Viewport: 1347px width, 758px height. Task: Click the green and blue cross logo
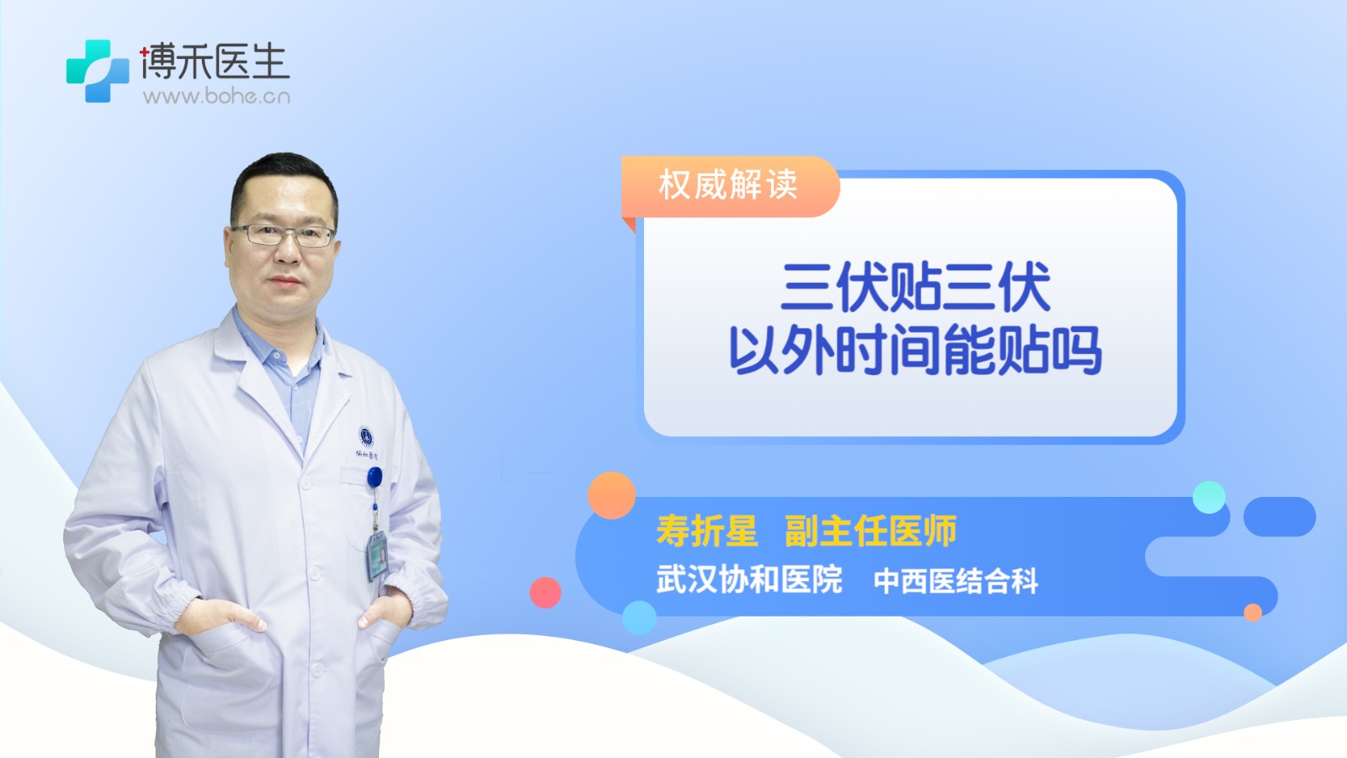coord(98,71)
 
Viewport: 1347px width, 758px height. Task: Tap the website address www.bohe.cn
coord(216,96)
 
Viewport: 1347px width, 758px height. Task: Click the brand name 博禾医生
coord(215,61)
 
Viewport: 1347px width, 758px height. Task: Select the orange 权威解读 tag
coord(729,184)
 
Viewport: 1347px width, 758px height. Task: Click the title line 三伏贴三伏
coord(916,287)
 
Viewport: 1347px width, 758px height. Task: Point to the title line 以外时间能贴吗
coord(914,350)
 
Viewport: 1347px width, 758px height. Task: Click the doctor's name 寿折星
coord(706,531)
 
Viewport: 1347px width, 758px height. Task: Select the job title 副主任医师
coord(870,531)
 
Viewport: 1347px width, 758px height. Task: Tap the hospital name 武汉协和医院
coord(748,579)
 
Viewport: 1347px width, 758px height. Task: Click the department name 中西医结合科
coord(956,581)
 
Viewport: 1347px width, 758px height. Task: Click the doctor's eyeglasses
coord(283,235)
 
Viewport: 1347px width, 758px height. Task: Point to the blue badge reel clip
coord(375,477)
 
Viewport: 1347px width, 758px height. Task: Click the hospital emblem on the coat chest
coord(365,436)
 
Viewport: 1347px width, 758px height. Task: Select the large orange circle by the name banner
coord(611,495)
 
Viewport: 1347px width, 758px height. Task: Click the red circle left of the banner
coord(546,592)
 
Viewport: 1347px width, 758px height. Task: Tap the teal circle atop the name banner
coord(1209,497)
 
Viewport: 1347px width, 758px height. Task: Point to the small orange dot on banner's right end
coord(1253,612)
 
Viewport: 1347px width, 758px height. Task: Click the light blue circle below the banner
coord(639,617)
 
